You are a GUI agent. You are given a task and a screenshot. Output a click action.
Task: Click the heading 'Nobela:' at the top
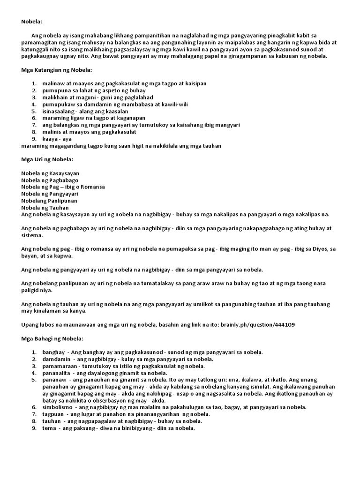click(32, 22)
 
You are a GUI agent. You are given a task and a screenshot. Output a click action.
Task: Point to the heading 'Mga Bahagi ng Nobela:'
click(52, 338)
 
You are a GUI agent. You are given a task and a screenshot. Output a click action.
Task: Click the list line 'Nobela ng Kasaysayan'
click(50, 173)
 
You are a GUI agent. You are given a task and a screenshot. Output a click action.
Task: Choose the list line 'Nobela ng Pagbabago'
click(50, 180)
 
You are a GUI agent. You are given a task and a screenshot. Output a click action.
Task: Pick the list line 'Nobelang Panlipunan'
click(49, 201)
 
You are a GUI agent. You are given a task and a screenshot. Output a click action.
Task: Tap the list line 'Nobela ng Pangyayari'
click(50, 194)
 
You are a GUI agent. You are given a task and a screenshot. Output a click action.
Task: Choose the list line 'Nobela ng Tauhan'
click(45, 208)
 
